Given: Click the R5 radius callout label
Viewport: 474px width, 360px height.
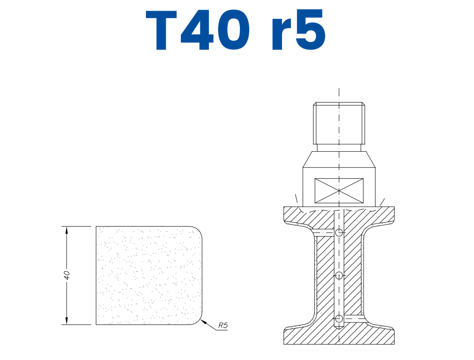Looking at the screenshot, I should click(x=223, y=326).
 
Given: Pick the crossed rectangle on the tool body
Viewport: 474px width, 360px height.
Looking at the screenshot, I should click(x=339, y=191).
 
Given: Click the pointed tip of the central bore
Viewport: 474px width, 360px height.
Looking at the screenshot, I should click(x=338, y=330).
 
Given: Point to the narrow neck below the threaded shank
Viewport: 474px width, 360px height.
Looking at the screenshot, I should click(x=339, y=147).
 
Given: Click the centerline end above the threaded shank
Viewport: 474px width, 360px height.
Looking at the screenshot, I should click(x=339, y=90).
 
